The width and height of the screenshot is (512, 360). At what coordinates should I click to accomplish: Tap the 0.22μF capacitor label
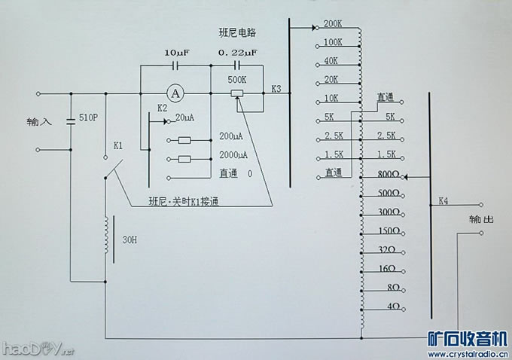point(237,53)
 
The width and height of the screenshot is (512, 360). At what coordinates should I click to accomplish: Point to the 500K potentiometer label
point(238,80)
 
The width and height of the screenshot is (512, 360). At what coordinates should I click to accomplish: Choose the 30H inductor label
point(130,242)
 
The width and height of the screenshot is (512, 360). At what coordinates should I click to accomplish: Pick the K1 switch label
point(119,144)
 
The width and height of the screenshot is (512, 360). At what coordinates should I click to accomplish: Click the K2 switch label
point(163,108)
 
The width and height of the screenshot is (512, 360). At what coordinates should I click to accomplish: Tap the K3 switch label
point(276,90)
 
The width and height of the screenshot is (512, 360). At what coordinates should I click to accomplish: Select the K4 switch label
point(443,202)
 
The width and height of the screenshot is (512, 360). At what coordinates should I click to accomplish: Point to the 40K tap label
point(331,61)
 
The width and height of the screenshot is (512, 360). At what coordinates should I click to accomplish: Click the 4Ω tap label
point(392,307)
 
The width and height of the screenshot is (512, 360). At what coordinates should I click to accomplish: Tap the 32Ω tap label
point(388,249)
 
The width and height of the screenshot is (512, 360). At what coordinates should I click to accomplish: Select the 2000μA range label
point(233,154)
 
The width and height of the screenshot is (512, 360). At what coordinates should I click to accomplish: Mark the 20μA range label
point(185,118)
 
